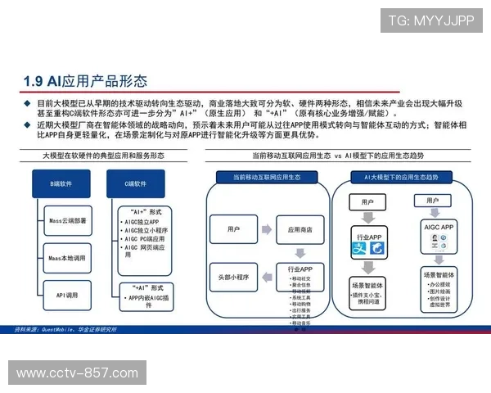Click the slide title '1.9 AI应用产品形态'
coord(86,81)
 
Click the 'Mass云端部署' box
coord(68,221)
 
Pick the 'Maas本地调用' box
coord(68,257)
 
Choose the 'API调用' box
coord(68,294)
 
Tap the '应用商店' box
coord(300,229)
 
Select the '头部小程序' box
coord(233,277)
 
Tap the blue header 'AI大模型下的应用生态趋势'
coord(407,177)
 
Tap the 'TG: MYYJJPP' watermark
coord(430,20)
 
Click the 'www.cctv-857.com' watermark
coord(78,373)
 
